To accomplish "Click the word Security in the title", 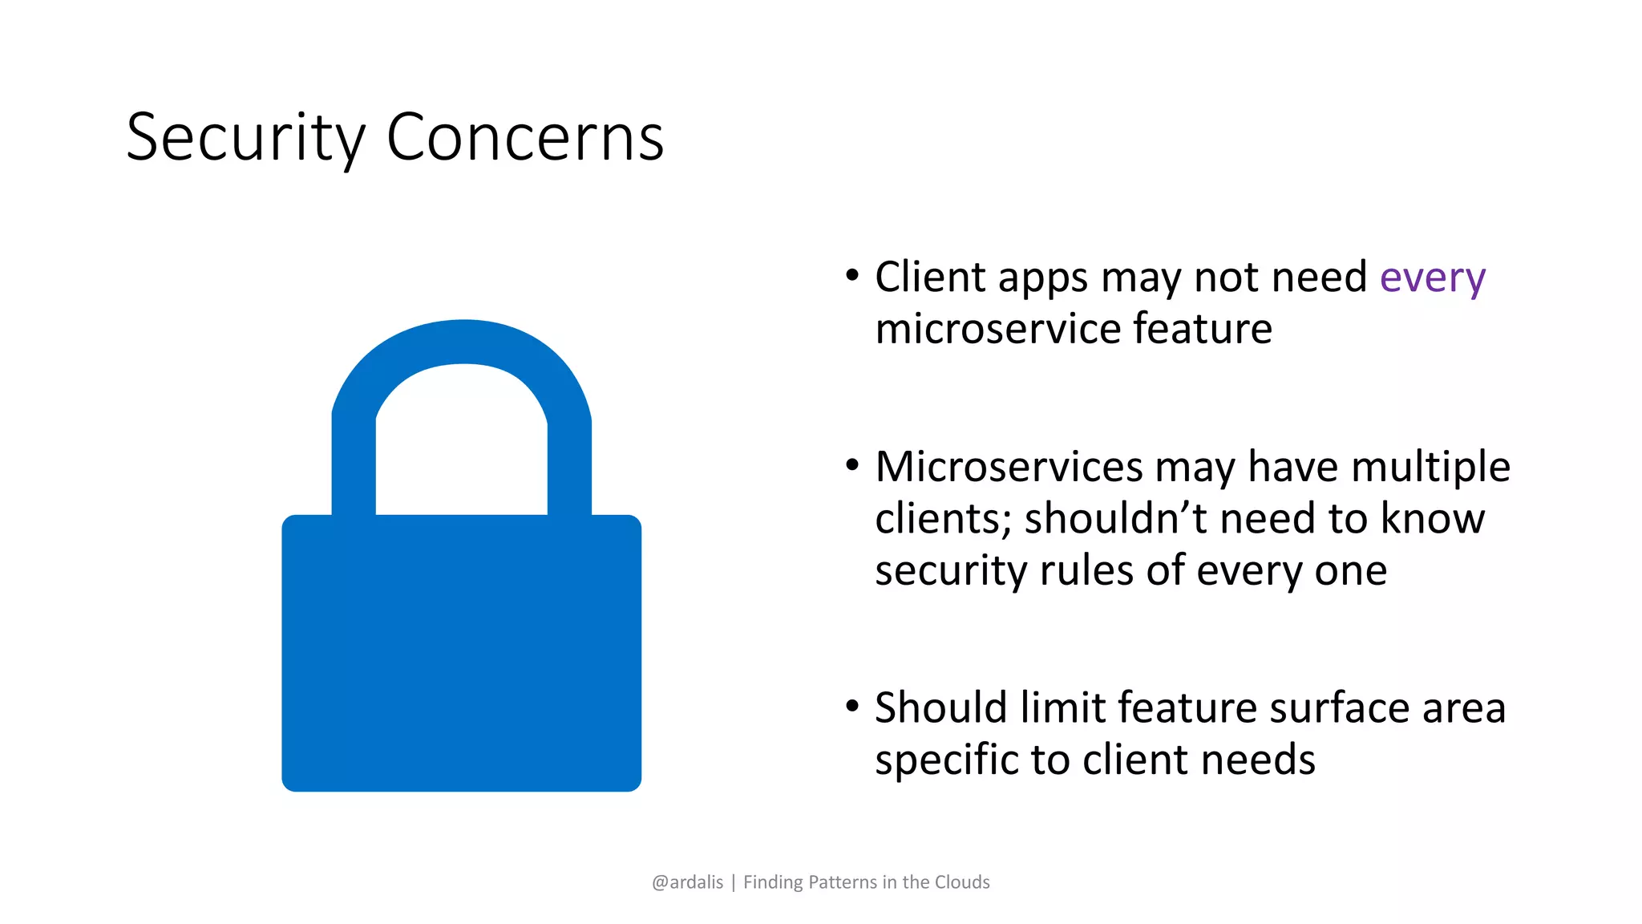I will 245,138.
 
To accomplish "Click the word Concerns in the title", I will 525,138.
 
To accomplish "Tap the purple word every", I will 1432,278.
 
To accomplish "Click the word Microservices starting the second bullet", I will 1009,467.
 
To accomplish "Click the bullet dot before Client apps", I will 852,276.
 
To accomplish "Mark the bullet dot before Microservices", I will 852,465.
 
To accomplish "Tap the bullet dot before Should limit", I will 852,707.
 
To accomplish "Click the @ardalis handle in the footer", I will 687,882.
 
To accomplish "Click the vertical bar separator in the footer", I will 733,882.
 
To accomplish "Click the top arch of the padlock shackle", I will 463,342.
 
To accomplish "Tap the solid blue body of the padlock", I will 461,654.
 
